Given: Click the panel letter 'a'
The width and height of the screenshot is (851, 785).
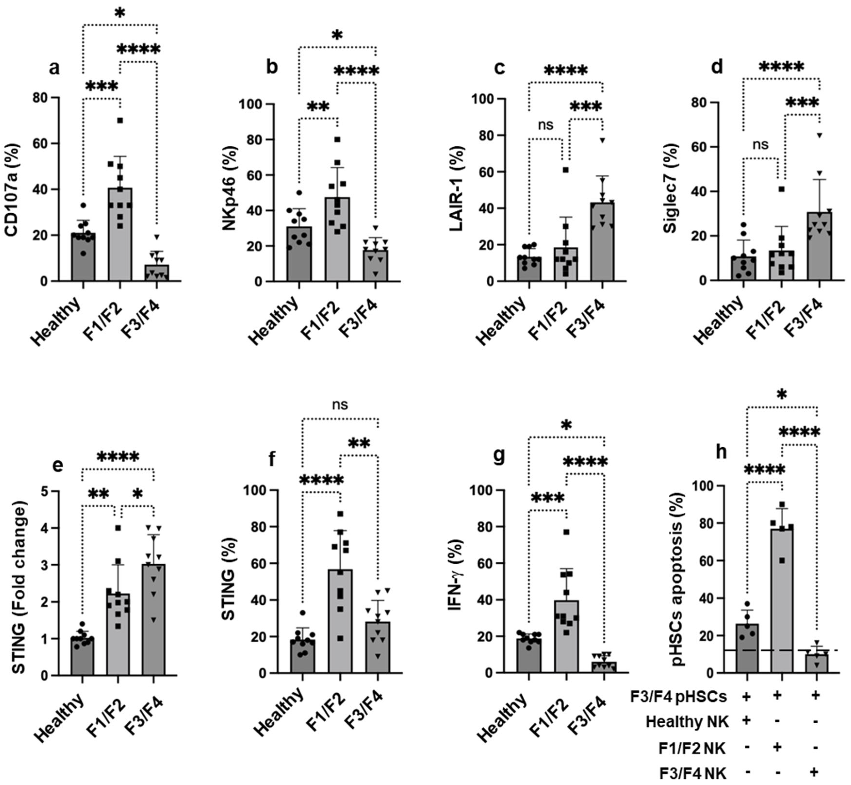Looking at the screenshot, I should click(54, 68).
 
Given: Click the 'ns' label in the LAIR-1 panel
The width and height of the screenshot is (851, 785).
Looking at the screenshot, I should click(546, 125).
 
